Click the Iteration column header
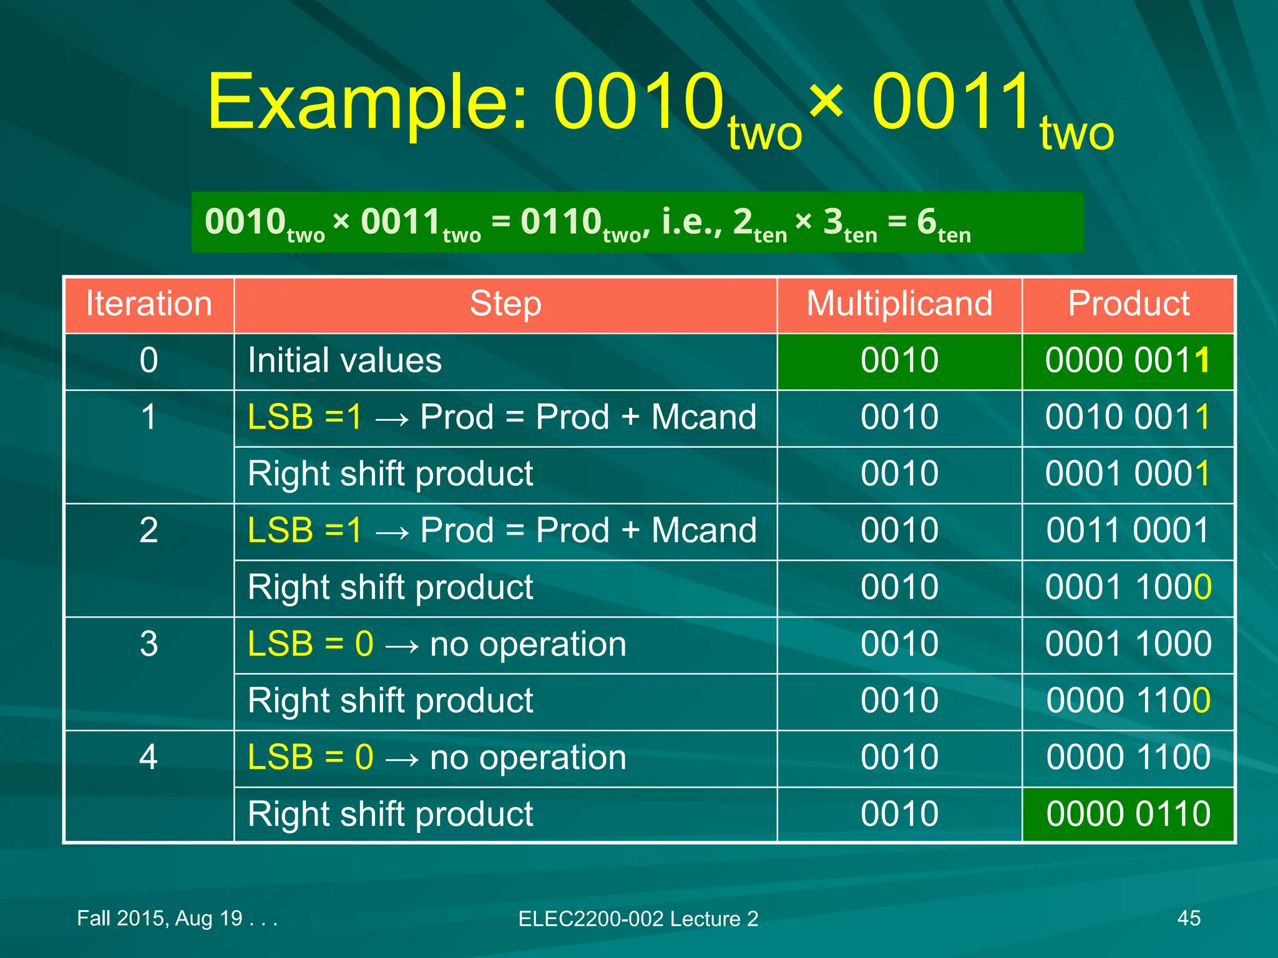[x=149, y=304]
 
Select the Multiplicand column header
[x=899, y=304]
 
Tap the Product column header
[x=1128, y=304]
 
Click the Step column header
[x=505, y=304]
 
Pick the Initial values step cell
[x=344, y=360]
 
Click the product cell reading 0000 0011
[x=1128, y=360]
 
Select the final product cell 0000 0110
[x=1128, y=814]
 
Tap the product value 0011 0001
[x=1128, y=531]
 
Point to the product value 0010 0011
[x=1128, y=417]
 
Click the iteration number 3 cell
[x=149, y=644]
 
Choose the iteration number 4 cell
[x=149, y=757]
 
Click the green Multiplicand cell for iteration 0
[x=899, y=360]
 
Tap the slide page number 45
[x=1188, y=918]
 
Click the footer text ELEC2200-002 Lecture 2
[x=638, y=919]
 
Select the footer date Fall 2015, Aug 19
[x=176, y=918]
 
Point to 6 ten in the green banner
[x=942, y=225]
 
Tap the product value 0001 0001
[x=1128, y=474]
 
